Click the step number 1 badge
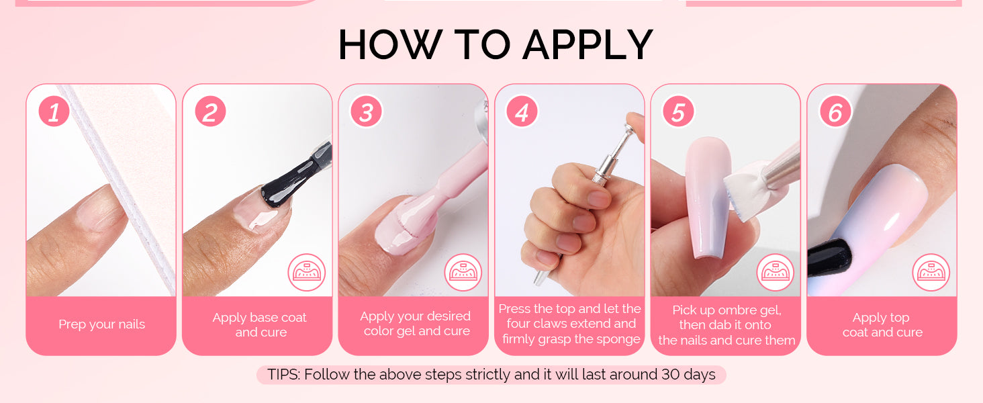click(x=54, y=111)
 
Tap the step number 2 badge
click(x=210, y=111)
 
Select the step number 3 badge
click(x=367, y=111)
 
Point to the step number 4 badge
click(x=522, y=111)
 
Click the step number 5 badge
click(x=678, y=111)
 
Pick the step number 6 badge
click(x=835, y=111)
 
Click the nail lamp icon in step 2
click(x=307, y=272)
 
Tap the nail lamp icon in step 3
click(x=463, y=272)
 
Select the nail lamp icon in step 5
click(x=776, y=272)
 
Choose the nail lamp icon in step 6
click(x=931, y=272)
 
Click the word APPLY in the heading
click(x=588, y=45)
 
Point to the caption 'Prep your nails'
click(x=102, y=324)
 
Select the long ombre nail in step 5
click(x=708, y=197)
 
